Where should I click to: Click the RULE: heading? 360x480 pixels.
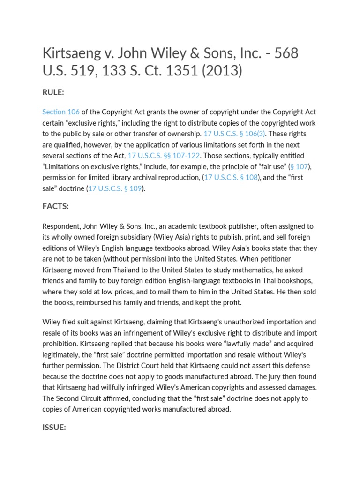pyautogui.click(x=53, y=92)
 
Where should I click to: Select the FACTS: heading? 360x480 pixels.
pyautogui.click(x=55, y=206)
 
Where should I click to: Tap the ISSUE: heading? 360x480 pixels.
pyautogui.click(x=54, y=427)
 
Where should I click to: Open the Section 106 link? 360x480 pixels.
pyautogui.click(x=61, y=112)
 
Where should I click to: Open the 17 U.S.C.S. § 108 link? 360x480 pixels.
pyautogui.click(x=231, y=178)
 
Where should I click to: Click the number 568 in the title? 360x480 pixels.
pyautogui.click(x=283, y=53)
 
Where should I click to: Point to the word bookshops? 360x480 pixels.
pyautogui.click(x=295, y=280)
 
